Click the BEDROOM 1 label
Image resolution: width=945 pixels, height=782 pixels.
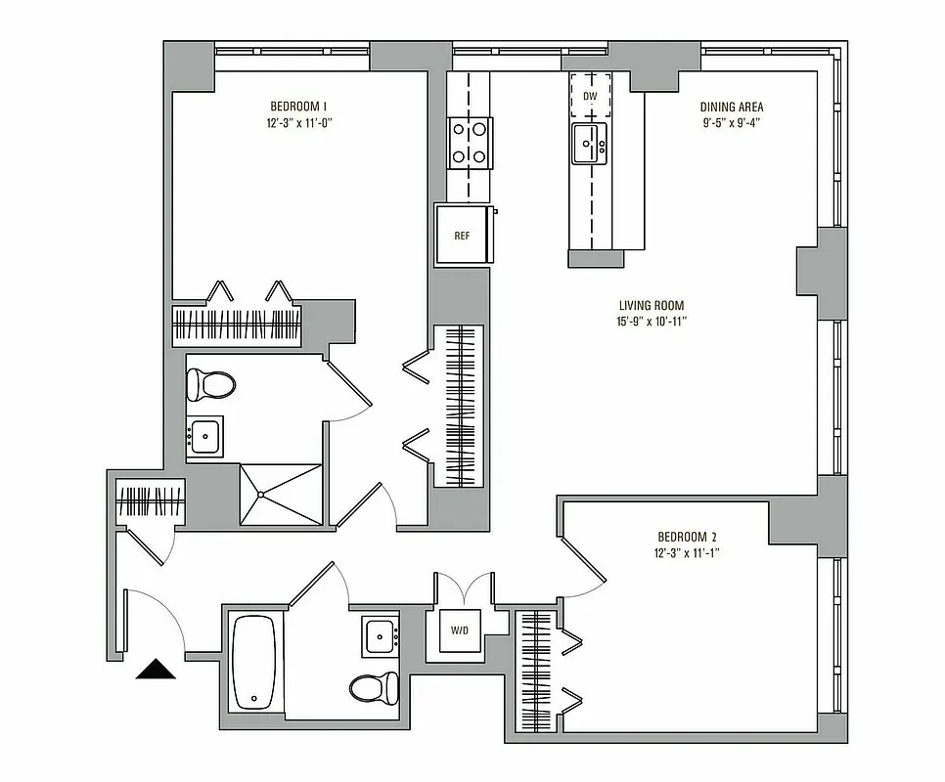(298, 106)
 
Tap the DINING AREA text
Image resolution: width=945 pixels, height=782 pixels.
(732, 107)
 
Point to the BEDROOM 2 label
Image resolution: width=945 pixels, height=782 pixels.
(688, 537)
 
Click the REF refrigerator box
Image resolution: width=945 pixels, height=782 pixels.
(463, 236)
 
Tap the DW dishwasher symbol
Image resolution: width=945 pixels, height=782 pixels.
(590, 96)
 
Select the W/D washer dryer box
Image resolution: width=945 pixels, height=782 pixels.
(460, 630)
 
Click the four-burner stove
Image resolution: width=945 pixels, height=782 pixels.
(470, 142)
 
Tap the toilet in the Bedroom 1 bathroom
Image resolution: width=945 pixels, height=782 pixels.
(210, 384)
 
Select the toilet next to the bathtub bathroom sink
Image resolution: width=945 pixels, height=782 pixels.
(374, 687)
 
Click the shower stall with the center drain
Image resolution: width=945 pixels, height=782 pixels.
(280, 494)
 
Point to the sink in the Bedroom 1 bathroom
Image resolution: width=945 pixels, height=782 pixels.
(205, 437)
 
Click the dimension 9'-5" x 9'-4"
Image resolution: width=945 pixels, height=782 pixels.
(732, 123)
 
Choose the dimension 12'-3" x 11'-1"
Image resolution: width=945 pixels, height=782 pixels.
(688, 553)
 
